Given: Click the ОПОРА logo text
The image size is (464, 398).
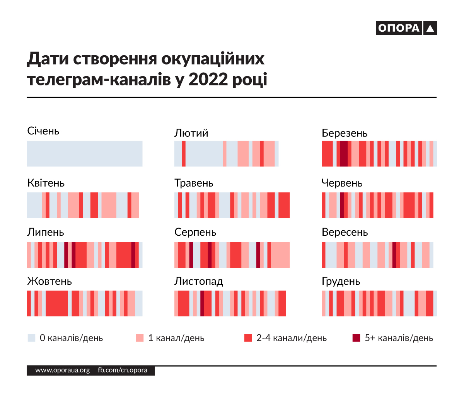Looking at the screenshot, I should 399,28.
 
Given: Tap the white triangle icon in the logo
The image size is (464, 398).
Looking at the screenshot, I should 430,29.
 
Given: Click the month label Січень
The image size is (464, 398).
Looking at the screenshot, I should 43,131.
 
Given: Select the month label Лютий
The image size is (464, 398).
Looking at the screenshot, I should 191,133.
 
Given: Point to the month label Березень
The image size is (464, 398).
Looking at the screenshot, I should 344,133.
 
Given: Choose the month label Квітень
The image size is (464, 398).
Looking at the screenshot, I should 46,183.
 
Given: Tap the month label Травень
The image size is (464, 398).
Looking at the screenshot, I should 194,183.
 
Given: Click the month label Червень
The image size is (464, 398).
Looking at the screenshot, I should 342,183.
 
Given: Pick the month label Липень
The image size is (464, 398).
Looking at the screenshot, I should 45,232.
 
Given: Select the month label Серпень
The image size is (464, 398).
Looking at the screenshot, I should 195,232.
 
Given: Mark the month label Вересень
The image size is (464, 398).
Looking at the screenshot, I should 345,232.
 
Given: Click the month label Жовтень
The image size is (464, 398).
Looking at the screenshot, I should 49,281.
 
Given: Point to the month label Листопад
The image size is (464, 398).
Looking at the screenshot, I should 199,281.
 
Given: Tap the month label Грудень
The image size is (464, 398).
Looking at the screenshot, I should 341,281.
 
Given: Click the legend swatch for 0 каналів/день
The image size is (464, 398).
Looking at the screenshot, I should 31,338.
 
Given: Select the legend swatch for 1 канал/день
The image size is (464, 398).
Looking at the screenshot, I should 140,338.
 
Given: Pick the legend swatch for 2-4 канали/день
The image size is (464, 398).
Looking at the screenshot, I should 248,338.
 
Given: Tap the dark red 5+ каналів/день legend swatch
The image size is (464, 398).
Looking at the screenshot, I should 356,338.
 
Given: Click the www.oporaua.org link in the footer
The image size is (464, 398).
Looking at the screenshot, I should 62,370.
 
